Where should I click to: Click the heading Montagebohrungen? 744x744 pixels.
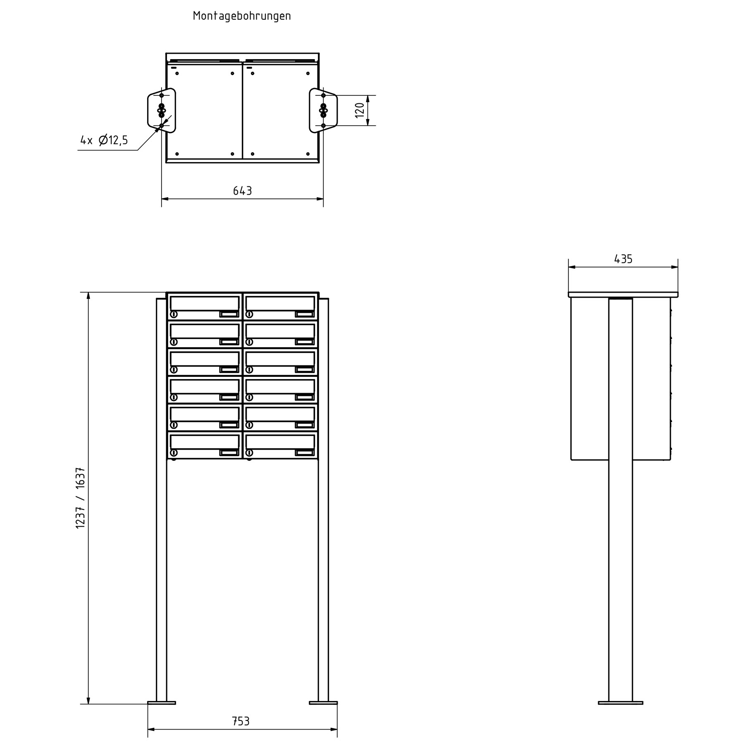point(242,16)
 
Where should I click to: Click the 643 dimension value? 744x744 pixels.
point(242,191)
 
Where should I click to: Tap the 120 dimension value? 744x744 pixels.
point(360,110)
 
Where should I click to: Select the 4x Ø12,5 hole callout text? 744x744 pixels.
point(104,141)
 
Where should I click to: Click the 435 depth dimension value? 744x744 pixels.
point(623,259)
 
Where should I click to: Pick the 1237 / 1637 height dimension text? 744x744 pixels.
point(81,498)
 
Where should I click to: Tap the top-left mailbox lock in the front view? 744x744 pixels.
point(174,315)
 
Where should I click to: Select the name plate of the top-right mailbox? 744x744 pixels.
point(305,315)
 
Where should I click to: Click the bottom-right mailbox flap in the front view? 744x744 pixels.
point(280,441)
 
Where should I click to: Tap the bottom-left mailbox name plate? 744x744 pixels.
point(229,453)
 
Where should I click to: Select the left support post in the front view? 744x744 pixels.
point(162,579)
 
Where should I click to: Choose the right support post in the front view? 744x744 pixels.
point(323,579)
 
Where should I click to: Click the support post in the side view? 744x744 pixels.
point(620,579)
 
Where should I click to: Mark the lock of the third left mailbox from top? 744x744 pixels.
point(174,370)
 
